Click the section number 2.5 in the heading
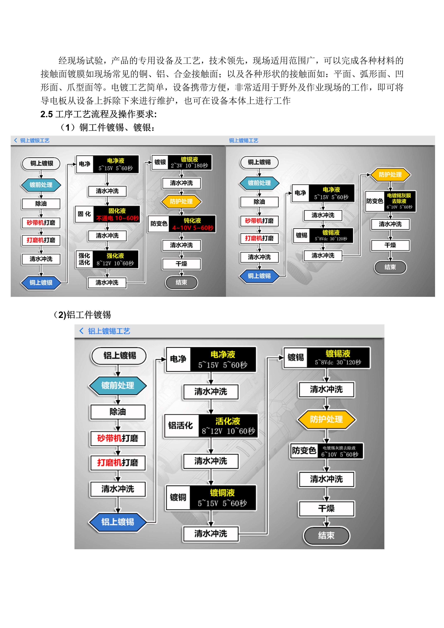coord(47,114)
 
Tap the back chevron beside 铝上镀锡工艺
coord(81,331)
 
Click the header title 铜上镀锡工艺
coord(243,141)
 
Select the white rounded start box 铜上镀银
coord(41,163)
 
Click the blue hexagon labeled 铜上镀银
coord(41,282)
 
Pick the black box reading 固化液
coord(117,214)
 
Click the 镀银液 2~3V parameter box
coord(189,163)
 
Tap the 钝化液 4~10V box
coord(192,224)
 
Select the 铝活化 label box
coord(181,426)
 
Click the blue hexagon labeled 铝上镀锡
coord(118,522)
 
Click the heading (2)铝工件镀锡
coord(82,315)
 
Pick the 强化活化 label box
coord(84,259)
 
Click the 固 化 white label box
coord(84,214)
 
